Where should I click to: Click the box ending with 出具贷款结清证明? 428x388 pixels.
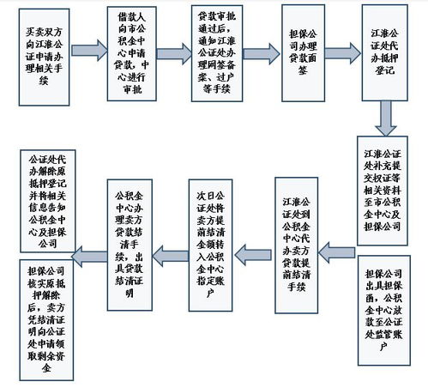pyautogui.click(x=129, y=236)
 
